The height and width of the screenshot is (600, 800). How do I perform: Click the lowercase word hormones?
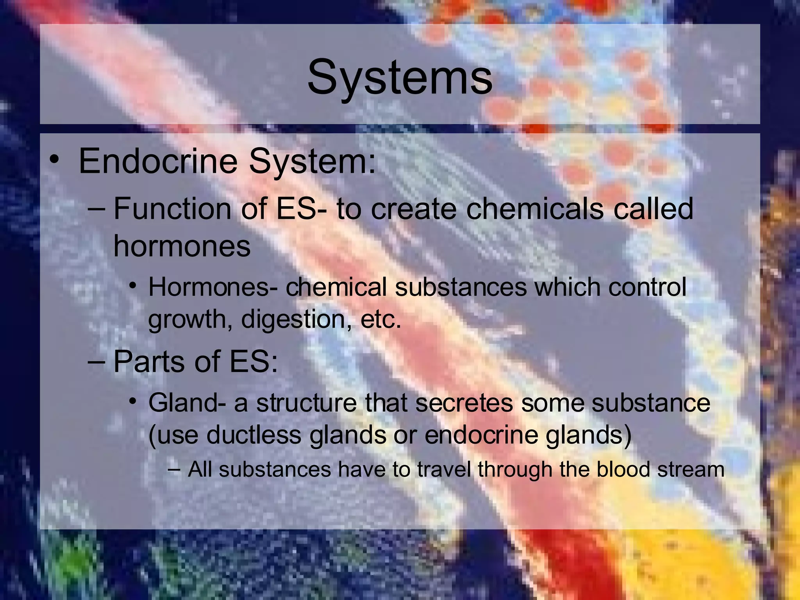182,246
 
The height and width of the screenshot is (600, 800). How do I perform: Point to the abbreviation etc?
381,320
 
